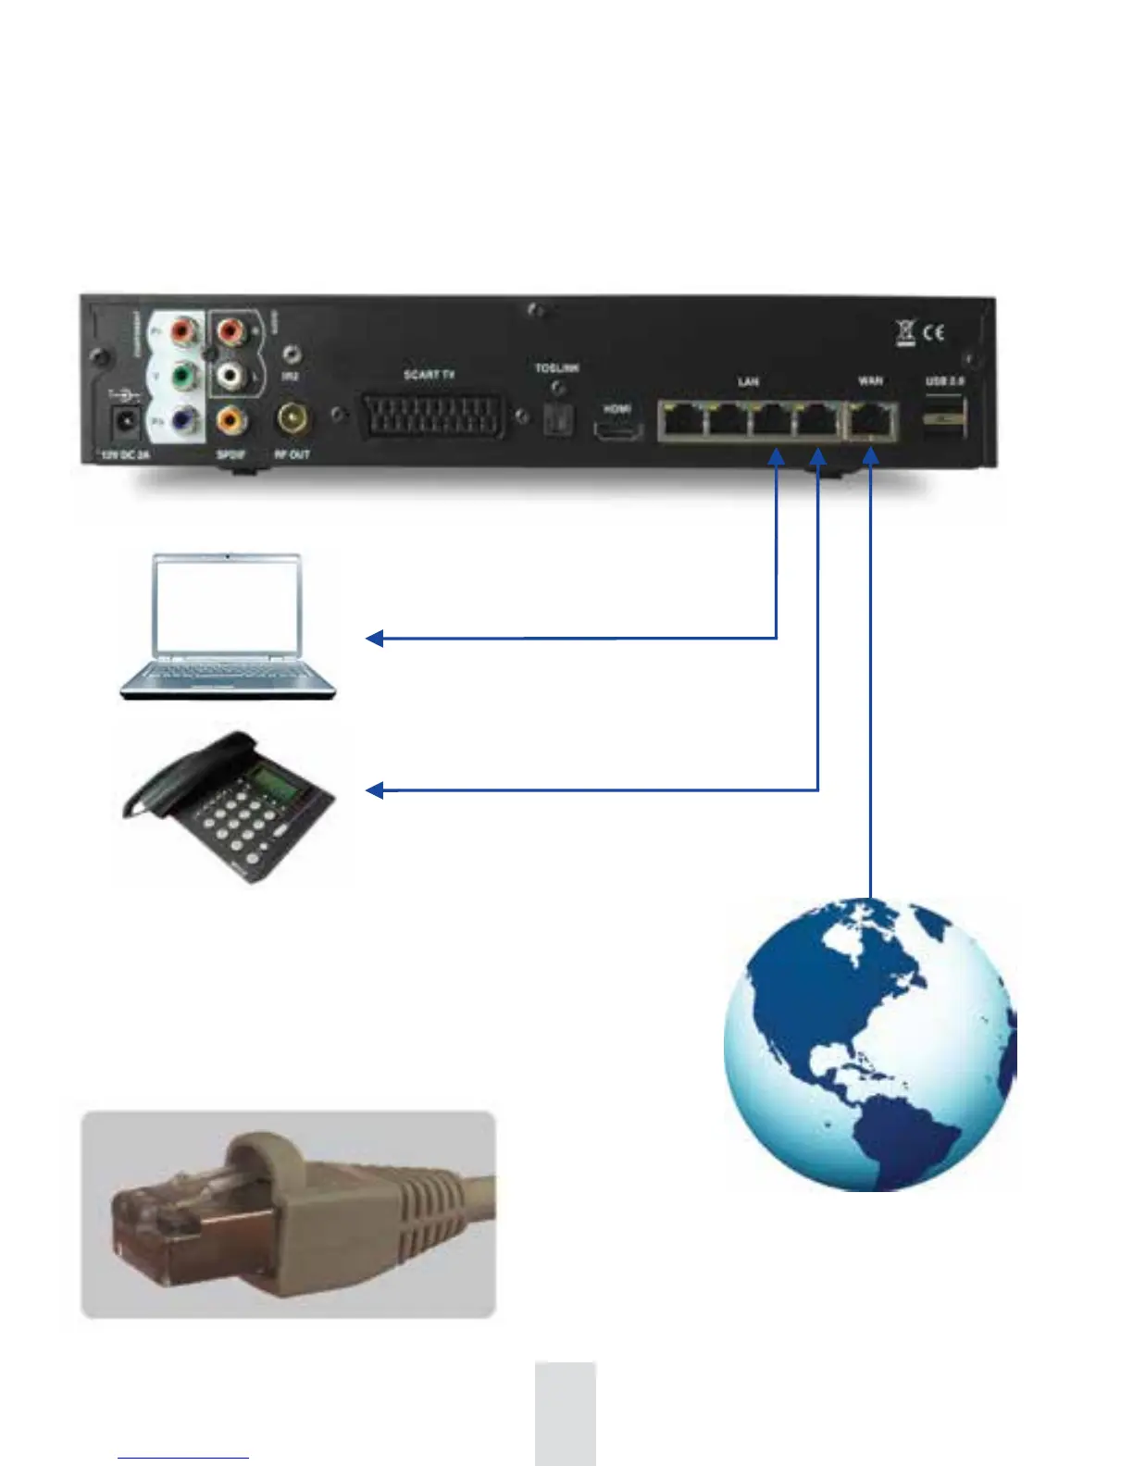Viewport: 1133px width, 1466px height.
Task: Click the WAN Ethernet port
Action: coord(870,421)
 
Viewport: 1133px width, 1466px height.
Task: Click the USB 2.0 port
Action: coord(943,416)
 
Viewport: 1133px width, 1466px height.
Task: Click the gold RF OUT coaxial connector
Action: coord(293,419)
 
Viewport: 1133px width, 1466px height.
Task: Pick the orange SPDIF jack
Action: coord(230,421)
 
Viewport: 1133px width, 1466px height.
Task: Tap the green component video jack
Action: coord(186,377)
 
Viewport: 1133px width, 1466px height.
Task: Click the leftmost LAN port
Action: coord(682,421)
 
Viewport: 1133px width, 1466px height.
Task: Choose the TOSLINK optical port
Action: coord(556,419)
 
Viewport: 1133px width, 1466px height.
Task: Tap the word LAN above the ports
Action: coord(748,381)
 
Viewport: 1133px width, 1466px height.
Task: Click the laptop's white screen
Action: coord(228,606)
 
